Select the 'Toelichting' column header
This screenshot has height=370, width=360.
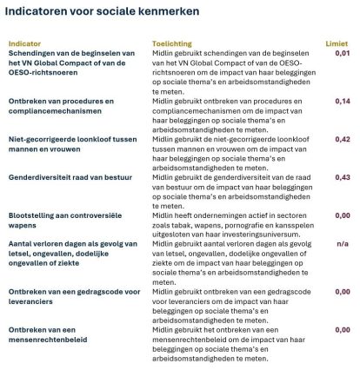pyautogui.click(x=170, y=42)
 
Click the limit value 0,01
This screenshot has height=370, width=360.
pyautogui.click(x=343, y=53)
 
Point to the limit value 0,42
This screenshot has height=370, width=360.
pyautogui.click(x=343, y=139)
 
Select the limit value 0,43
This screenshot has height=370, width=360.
pyautogui.click(x=343, y=177)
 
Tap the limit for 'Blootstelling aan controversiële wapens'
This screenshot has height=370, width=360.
pyautogui.click(x=343, y=215)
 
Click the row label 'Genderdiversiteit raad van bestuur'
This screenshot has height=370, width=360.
pyautogui.click(x=69, y=177)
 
